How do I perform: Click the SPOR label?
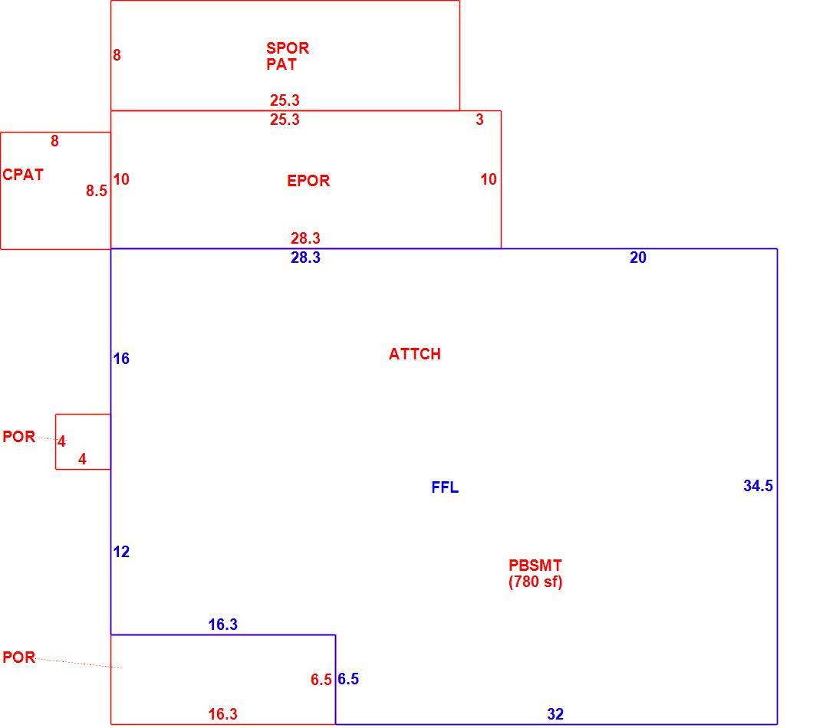tap(287, 48)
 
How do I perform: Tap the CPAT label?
tap(22, 175)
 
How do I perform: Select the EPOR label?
tap(308, 181)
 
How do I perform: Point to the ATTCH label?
tap(415, 354)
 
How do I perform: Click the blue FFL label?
tap(445, 487)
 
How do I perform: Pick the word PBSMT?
tap(535, 566)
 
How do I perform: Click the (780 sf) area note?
tap(535, 582)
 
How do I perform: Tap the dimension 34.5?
tap(758, 486)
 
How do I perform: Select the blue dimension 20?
tap(637, 257)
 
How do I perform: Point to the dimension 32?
tap(555, 714)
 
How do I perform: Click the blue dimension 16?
tap(121, 359)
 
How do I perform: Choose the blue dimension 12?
tap(121, 552)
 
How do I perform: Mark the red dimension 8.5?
tap(97, 191)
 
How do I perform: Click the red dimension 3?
tap(479, 120)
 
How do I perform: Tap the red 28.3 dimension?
tap(305, 238)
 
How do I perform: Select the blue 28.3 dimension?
tap(305, 257)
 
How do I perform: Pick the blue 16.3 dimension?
tap(223, 625)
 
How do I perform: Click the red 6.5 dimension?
tap(321, 680)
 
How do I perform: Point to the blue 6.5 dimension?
tap(348, 679)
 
